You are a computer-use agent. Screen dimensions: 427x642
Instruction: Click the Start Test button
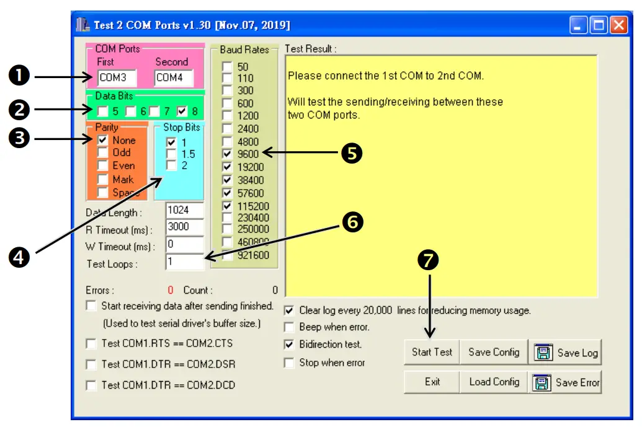(x=432, y=352)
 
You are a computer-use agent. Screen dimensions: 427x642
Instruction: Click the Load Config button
(x=494, y=382)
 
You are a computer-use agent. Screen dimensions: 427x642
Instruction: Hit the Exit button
(x=432, y=382)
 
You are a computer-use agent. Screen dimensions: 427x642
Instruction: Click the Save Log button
(x=565, y=352)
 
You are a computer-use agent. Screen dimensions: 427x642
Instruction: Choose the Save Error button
(x=565, y=382)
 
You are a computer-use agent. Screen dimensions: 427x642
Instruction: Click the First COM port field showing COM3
(x=117, y=78)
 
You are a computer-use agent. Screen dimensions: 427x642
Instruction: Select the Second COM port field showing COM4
(x=173, y=78)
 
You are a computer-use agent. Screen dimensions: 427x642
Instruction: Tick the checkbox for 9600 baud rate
(x=228, y=154)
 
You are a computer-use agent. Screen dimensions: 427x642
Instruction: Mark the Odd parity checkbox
(x=103, y=153)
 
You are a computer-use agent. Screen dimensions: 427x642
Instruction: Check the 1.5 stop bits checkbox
(x=171, y=154)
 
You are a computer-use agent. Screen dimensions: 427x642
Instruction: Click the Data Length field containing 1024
(x=185, y=211)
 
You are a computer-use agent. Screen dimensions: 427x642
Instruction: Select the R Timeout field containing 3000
(x=185, y=227)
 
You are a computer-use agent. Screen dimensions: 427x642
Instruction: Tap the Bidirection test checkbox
(x=289, y=344)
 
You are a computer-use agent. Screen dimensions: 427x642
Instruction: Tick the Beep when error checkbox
(x=289, y=327)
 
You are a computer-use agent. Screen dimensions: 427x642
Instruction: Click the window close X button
(x=618, y=25)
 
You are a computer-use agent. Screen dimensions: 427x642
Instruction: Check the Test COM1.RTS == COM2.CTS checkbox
(x=91, y=343)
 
